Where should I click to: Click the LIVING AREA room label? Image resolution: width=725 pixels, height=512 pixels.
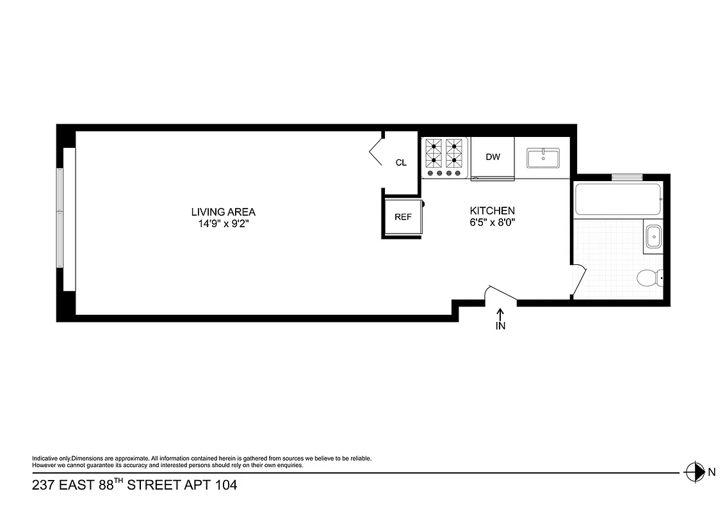pyautogui.click(x=223, y=212)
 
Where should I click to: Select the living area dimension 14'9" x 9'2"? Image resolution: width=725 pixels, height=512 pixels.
pyautogui.click(x=223, y=224)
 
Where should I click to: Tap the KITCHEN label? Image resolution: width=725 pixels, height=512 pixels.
pyautogui.click(x=492, y=211)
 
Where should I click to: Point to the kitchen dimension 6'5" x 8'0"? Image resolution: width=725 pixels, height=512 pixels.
pyautogui.click(x=492, y=223)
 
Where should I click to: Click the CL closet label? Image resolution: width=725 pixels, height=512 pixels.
pyautogui.click(x=401, y=163)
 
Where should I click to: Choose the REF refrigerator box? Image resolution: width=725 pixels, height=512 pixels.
pyautogui.click(x=402, y=217)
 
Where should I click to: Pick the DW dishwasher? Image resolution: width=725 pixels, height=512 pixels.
pyautogui.click(x=493, y=157)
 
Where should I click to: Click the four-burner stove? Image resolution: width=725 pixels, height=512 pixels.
pyautogui.click(x=444, y=157)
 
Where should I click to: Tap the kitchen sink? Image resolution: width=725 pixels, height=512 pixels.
pyautogui.click(x=542, y=157)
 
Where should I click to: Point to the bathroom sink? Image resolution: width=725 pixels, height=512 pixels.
pyautogui.click(x=653, y=236)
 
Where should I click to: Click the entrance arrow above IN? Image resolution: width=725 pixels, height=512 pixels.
pyautogui.click(x=500, y=313)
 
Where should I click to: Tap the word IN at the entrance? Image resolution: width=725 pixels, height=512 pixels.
pyautogui.click(x=500, y=326)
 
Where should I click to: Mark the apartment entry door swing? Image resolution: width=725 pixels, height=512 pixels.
pyautogui.click(x=500, y=294)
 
